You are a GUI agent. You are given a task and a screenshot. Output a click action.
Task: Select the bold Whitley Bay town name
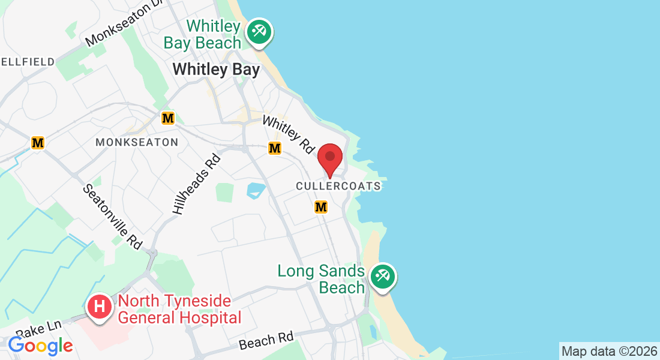tap(216, 70)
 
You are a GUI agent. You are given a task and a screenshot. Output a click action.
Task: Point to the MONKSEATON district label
tap(137, 142)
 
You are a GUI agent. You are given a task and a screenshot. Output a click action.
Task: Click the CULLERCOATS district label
tap(338, 187)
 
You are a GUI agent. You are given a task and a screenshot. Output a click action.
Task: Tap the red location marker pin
tap(329, 158)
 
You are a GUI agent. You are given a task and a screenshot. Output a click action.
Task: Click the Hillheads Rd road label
tap(197, 184)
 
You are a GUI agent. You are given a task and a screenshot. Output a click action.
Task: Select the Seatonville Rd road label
tap(112, 216)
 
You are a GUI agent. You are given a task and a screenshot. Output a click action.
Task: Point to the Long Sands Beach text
tap(321, 279)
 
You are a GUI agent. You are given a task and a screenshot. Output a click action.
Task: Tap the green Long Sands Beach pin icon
tap(382, 277)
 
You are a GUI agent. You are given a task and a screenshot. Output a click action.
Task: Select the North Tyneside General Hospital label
tap(179, 309)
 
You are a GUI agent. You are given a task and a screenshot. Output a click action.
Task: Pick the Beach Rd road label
tap(266, 341)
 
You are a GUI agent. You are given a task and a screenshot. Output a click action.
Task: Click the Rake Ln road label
tap(38, 328)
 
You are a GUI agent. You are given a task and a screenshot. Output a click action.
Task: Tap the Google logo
tap(40, 346)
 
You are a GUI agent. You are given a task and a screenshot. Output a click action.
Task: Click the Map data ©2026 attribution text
tap(608, 351)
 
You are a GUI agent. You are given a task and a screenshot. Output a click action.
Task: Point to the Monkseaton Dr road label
tap(124, 25)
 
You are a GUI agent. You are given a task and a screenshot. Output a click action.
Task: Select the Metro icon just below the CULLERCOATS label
tap(321, 207)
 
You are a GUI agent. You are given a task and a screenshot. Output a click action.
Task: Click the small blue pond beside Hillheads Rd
tap(256, 191)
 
